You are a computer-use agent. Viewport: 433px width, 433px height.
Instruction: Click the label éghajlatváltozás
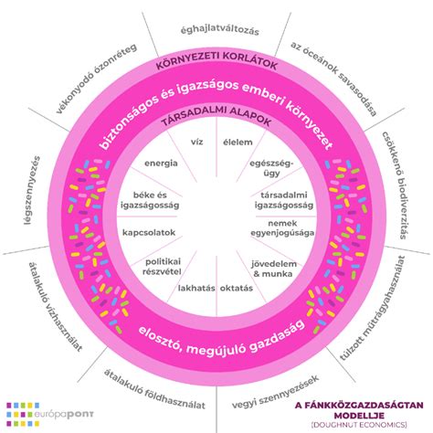219,31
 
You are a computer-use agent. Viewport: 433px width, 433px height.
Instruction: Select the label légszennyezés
32,191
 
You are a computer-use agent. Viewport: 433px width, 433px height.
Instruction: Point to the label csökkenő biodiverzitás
395,185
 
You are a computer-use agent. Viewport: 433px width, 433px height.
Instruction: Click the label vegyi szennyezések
276,393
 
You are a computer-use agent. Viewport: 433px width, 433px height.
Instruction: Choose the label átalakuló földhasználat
154,390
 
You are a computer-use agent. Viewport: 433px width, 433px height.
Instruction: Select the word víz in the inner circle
196,142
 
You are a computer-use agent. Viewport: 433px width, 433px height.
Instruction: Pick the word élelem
238,143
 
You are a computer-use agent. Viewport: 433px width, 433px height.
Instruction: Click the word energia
161,164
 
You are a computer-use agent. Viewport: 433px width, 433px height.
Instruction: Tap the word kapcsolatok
149,233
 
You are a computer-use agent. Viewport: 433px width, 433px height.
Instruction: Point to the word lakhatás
196,288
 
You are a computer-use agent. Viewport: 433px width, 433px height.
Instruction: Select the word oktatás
237,288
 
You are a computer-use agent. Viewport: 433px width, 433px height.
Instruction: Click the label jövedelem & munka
273,269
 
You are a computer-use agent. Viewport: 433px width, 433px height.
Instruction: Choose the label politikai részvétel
162,267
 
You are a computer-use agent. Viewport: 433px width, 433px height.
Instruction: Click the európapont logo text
64,415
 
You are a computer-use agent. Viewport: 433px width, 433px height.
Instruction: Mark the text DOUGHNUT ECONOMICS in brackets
359,425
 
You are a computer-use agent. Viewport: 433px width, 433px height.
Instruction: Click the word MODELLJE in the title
359,416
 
